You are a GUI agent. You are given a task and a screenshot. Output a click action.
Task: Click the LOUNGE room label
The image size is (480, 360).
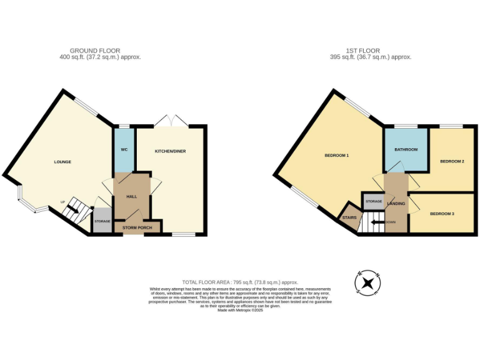tap(62, 162)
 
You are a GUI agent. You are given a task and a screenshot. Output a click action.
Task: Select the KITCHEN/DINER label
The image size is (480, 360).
tap(171, 151)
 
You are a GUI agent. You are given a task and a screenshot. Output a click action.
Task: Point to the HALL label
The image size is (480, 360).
tap(132, 197)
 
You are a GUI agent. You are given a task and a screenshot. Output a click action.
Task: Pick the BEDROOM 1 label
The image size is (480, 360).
tap(336, 155)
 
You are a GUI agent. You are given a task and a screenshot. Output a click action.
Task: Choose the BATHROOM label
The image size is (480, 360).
tap(406, 150)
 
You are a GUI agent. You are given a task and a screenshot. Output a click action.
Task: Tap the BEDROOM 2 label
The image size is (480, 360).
tap(452, 161)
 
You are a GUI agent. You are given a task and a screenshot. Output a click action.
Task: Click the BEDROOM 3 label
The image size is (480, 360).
tap(442, 214)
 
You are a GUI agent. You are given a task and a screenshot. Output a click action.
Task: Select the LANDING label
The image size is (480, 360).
tap(396, 204)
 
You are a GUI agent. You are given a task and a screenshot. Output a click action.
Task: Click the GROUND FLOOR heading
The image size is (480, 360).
tap(95, 51)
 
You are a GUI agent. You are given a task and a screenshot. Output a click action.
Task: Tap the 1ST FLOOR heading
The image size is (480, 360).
tap(364, 51)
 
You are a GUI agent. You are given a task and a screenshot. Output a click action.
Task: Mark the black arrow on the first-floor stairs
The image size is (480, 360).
tap(377, 222)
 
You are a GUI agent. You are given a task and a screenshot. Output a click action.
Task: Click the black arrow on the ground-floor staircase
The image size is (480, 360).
tap(73, 209)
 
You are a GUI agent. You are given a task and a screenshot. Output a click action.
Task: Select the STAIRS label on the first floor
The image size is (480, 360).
tap(349, 217)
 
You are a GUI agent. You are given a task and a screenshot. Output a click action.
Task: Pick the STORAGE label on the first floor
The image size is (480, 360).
tap(374, 201)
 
